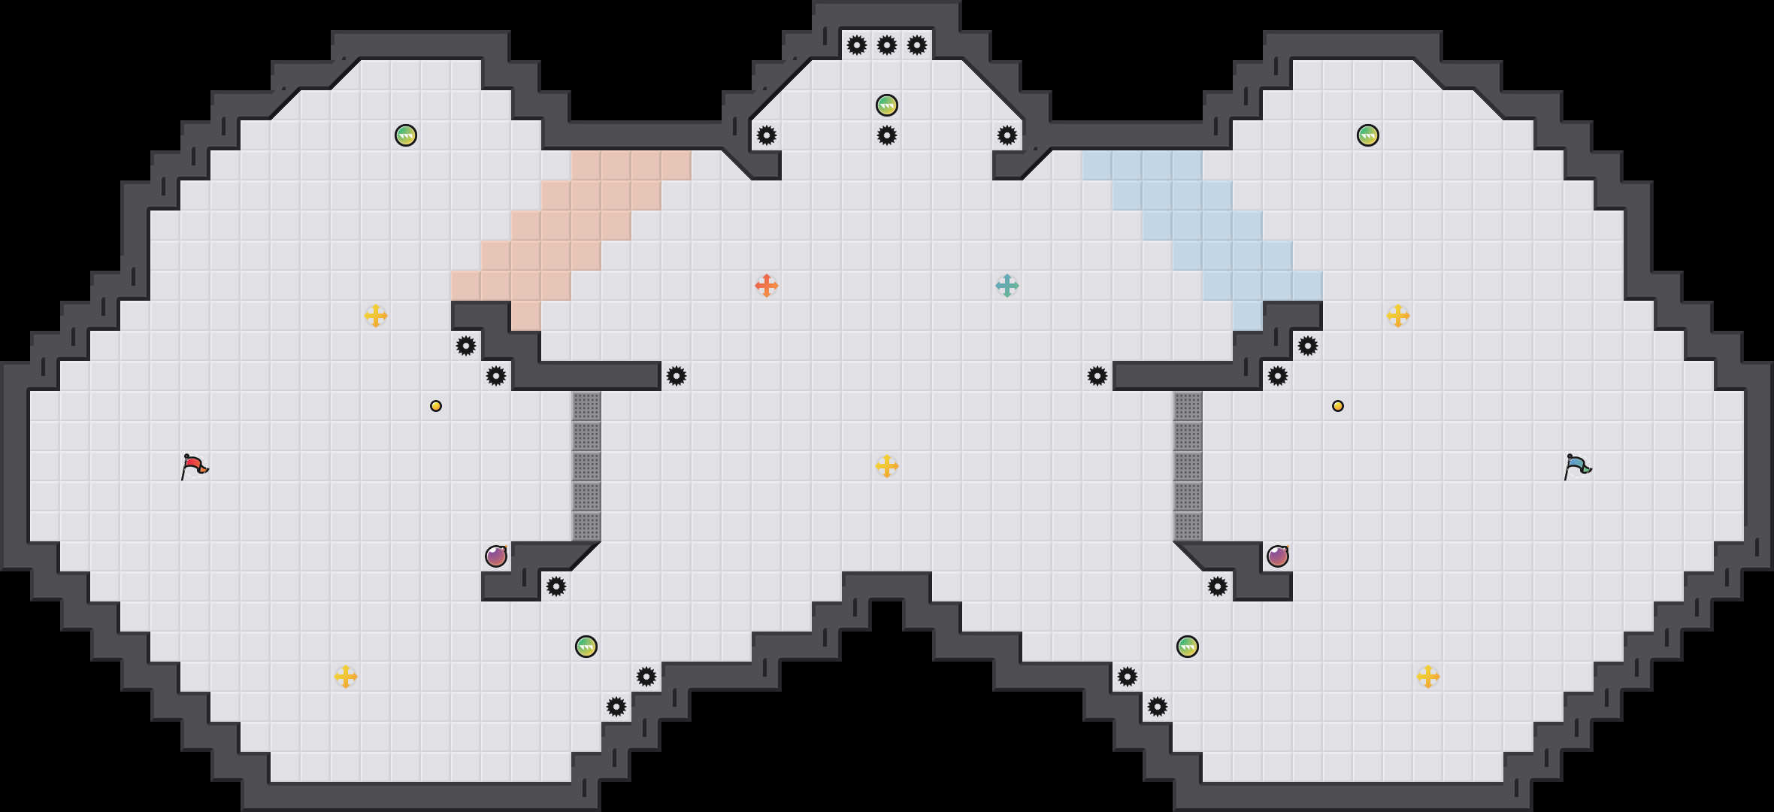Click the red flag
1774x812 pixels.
[x=194, y=466]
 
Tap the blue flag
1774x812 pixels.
[x=1577, y=466]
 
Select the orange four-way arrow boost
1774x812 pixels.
[x=766, y=286]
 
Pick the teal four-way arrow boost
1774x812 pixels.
[x=1007, y=286]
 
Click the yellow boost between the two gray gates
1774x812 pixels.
[x=887, y=466]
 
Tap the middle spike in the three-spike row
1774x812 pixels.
[x=887, y=45]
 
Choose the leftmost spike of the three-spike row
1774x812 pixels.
[x=857, y=45]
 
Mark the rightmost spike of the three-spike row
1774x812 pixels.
[x=917, y=45]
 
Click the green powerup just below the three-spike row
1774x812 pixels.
[x=887, y=105]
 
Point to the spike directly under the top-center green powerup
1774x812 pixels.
[x=887, y=135]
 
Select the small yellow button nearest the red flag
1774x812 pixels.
[x=436, y=406]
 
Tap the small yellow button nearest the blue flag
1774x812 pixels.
[x=1338, y=406]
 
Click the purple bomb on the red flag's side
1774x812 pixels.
[x=496, y=556]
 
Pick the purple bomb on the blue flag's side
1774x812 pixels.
[x=1278, y=556]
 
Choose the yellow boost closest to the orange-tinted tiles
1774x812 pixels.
[x=376, y=316]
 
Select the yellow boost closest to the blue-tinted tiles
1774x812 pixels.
[x=1398, y=316]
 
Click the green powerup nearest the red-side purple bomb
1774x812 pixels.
[x=586, y=647]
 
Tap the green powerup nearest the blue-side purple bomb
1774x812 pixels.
[x=1188, y=647]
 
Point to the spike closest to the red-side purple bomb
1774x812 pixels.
[x=556, y=586]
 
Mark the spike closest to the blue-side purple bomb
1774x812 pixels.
[x=1218, y=586]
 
